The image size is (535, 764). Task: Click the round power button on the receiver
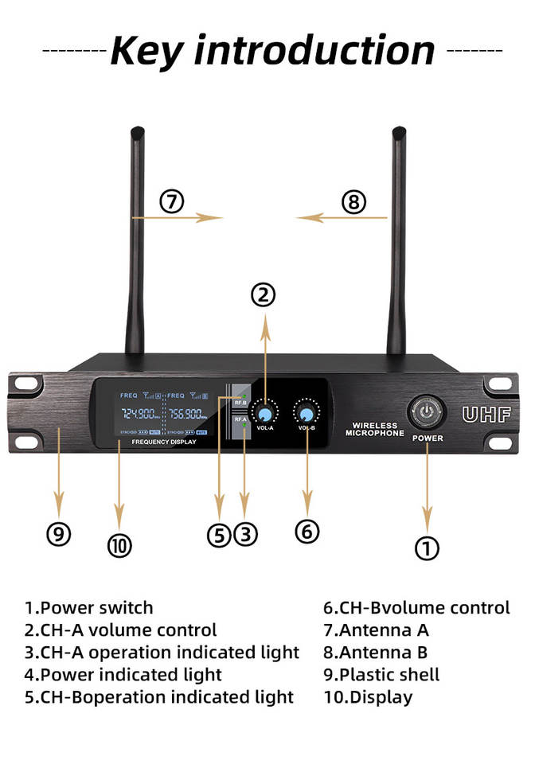pos(427,413)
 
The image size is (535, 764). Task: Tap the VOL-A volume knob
pos(264,414)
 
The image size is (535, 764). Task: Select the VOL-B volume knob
pos(306,414)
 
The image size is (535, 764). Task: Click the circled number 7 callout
pos(171,201)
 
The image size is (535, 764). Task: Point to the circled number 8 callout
pos(353,201)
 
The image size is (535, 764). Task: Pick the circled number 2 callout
pos(264,295)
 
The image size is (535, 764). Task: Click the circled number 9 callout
pos(58,533)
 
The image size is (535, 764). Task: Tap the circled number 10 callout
pos(119,545)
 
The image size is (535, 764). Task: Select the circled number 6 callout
pos(307,531)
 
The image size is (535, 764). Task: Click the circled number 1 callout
pos(428,547)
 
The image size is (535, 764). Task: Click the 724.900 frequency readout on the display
pos(140,414)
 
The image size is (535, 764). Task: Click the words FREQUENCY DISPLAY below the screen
pos(164,441)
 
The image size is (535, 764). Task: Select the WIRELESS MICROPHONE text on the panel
pos(374,430)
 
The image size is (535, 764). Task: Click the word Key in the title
pos(149,50)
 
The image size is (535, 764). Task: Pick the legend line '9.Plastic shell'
pos(381,675)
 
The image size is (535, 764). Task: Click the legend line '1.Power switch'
pos(88,608)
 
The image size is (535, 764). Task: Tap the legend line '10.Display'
pos(368,697)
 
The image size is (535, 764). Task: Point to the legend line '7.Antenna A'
pos(376,630)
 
